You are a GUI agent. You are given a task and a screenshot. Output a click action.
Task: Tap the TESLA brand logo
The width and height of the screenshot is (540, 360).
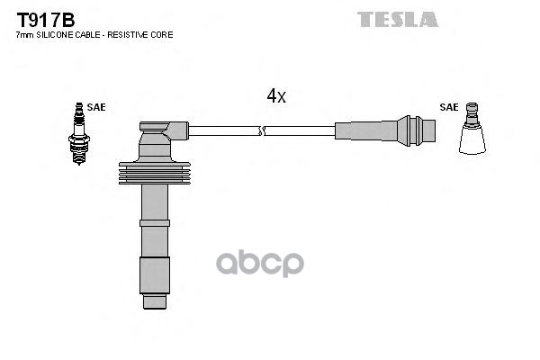397,19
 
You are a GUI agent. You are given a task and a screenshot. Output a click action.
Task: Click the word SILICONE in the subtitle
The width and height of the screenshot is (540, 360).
60,34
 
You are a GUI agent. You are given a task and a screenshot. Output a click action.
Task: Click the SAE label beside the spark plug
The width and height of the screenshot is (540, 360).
96,107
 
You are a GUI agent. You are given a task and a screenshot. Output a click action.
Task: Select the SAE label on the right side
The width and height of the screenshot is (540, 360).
449,107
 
